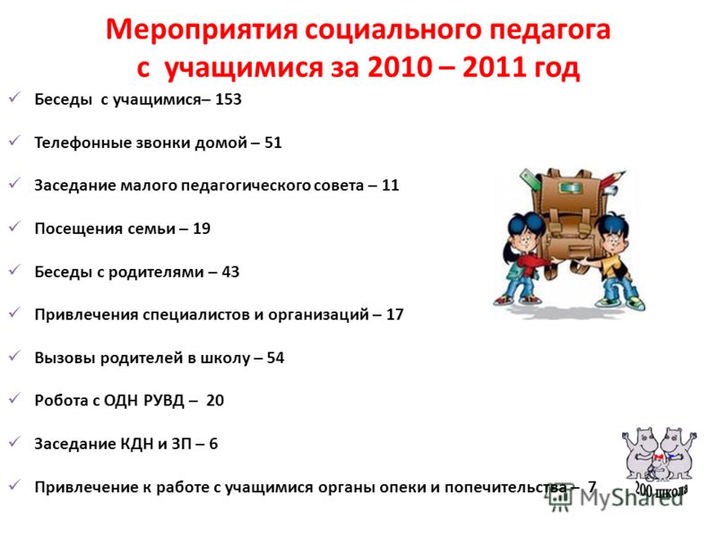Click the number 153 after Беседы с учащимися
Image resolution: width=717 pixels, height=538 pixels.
click(229, 100)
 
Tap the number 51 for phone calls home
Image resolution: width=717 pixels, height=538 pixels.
click(273, 143)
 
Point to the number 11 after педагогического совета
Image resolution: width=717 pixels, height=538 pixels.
click(390, 186)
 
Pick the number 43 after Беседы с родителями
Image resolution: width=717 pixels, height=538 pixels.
click(230, 272)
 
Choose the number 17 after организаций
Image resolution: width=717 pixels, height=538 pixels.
click(394, 315)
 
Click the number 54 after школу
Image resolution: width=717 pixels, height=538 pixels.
click(275, 358)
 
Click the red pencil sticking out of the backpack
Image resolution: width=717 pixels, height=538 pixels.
click(613, 180)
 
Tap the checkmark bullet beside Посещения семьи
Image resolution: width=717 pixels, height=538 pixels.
click(14, 226)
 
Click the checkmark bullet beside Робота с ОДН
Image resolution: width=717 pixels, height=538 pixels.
click(14, 398)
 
